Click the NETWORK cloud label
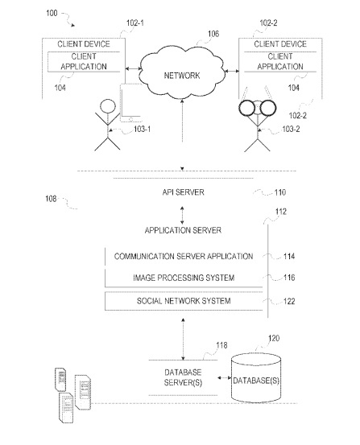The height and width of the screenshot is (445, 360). tap(182, 76)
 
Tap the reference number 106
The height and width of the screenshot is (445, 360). tap(213, 34)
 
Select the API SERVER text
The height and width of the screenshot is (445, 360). tap(184, 192)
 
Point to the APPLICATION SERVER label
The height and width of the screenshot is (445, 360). tap(183, 230)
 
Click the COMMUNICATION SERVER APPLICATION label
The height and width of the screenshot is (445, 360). tap(184, 257)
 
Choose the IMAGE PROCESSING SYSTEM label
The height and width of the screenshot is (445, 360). tap(184, 278)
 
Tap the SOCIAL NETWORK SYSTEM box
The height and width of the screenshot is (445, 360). tap(184, 301)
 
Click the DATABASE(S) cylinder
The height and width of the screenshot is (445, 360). tap(256, 378)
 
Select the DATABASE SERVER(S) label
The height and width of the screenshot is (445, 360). tap(183, 377)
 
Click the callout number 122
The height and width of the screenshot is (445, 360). tap(289, 302)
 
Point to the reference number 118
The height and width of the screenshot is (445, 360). tap(221, 345)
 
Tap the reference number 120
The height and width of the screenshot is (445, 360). tap(274, 338)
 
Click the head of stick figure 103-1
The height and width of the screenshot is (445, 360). tap(108, 107)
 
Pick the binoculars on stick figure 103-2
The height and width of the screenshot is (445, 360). tap(258, 108)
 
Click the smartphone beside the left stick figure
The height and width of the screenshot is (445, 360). tap(131, 103)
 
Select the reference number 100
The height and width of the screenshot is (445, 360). tap(52, 13)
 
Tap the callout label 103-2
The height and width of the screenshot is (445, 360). tap(291, 130)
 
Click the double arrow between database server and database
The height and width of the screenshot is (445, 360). tap(224, 377)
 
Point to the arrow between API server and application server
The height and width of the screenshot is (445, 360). tap(182, 216)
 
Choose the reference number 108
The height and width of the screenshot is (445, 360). tap(51, 199)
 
